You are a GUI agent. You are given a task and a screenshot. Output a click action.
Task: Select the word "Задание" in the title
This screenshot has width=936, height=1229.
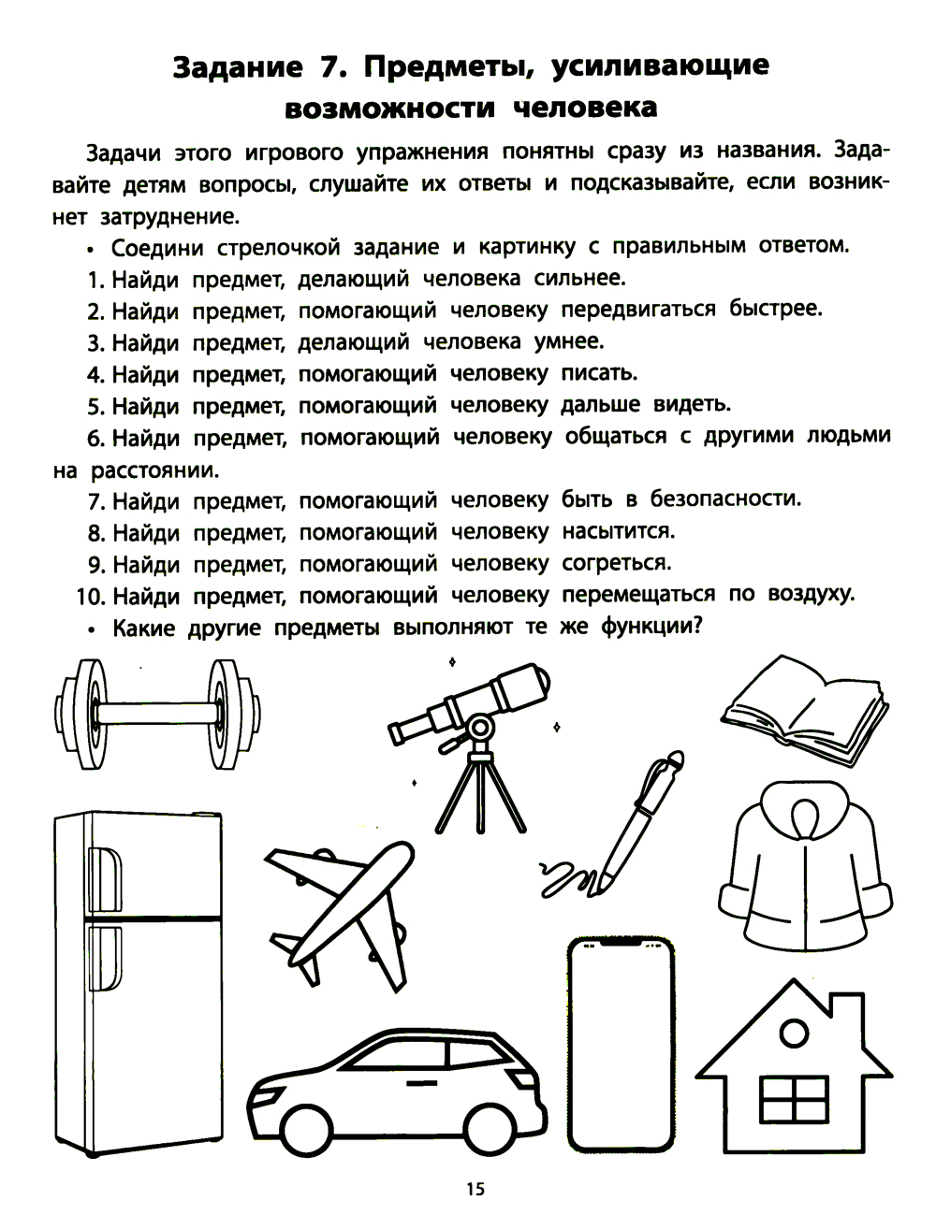(235, 68)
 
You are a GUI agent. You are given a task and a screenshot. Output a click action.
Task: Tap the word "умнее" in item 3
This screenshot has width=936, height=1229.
(570, 341)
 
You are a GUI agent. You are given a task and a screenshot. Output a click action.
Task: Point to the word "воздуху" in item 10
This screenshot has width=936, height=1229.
(807, 595)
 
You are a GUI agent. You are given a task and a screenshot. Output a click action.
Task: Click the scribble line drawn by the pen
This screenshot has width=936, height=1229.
(563, 877)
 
